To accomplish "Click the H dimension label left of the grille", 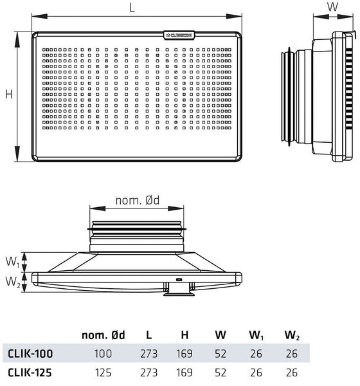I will pos(9,94).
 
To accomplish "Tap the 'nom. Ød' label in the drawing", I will pos(138,201).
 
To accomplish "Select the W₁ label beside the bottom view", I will pos(12,262).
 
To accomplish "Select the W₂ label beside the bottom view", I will pos(12,281).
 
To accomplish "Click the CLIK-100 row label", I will pos(30,353).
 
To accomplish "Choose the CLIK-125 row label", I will pos(30,372).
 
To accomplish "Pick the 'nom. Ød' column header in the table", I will pos(104,335).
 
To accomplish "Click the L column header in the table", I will pos(148,335).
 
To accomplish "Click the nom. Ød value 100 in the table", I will pos(103,353).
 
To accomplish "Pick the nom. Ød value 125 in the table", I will pos(103,372).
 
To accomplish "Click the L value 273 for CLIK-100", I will pos(148,353).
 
